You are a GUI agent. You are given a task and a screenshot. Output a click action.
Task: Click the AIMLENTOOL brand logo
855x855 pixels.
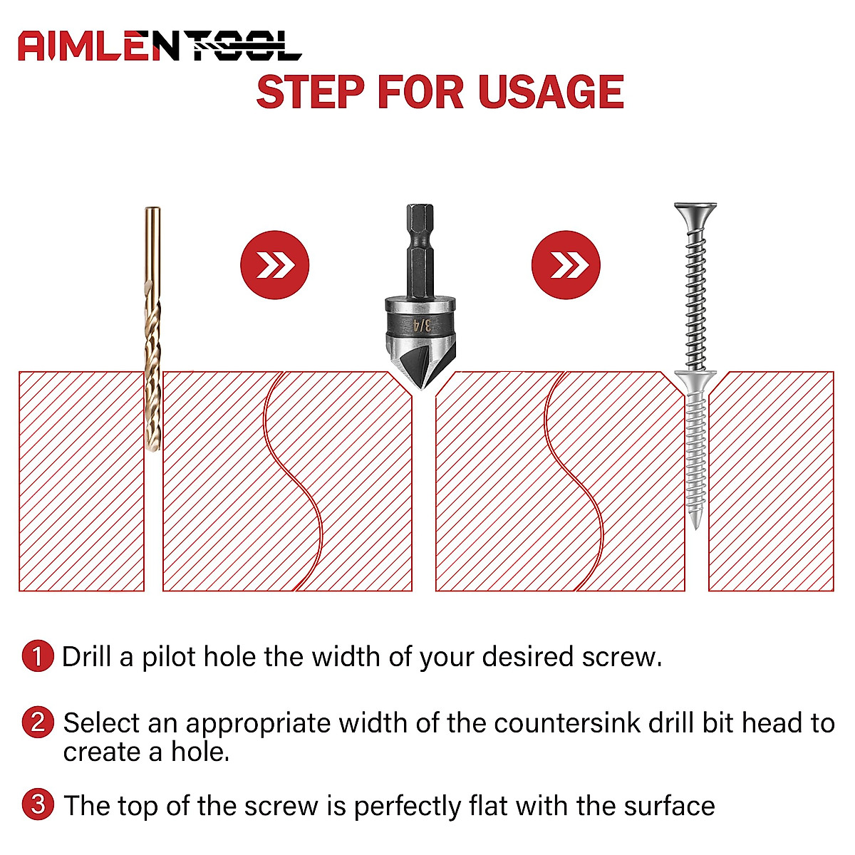(160, 46)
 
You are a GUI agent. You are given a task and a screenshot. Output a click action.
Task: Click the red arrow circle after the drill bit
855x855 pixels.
(274, 265)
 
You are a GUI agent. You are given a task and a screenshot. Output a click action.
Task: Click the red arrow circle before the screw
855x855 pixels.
(566, 265)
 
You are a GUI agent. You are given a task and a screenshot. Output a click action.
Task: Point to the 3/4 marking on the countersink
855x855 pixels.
(423, 325)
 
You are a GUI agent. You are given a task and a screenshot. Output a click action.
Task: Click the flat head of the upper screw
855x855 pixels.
(695, 211)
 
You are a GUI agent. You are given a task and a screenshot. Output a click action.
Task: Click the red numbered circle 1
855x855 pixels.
(38, 656)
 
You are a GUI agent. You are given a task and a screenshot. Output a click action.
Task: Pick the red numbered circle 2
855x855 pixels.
(38, 722)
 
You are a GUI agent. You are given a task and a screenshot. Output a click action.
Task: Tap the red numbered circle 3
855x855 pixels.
(38, 805)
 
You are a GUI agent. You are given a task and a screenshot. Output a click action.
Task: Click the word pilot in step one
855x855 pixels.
(168, 657)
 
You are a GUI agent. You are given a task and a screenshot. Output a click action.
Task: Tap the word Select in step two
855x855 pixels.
(102, 723)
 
